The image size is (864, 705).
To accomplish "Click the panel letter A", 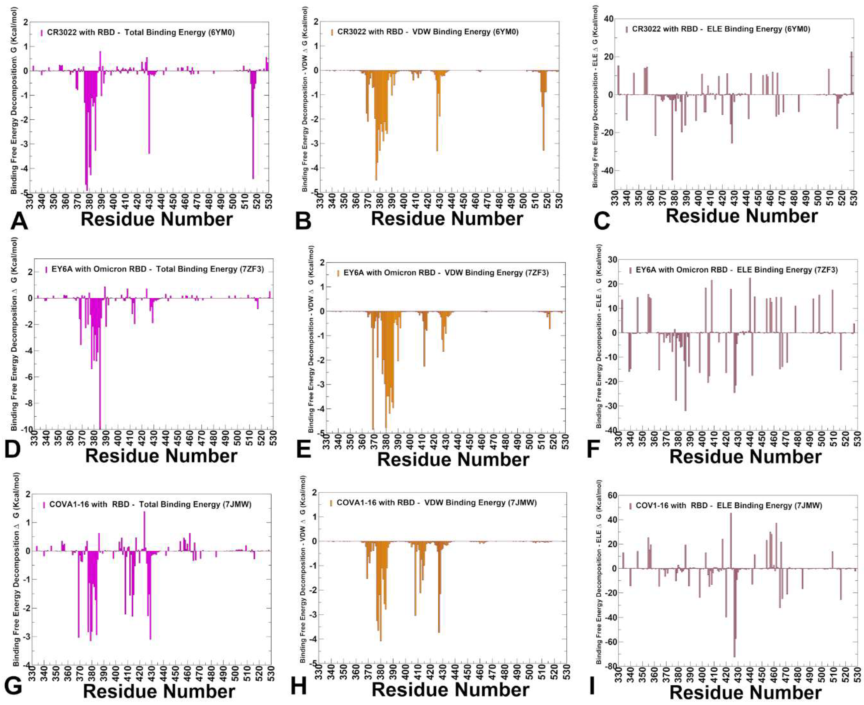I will click(x=19, y=221).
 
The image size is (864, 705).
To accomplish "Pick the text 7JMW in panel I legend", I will click(x=808, y=506).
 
